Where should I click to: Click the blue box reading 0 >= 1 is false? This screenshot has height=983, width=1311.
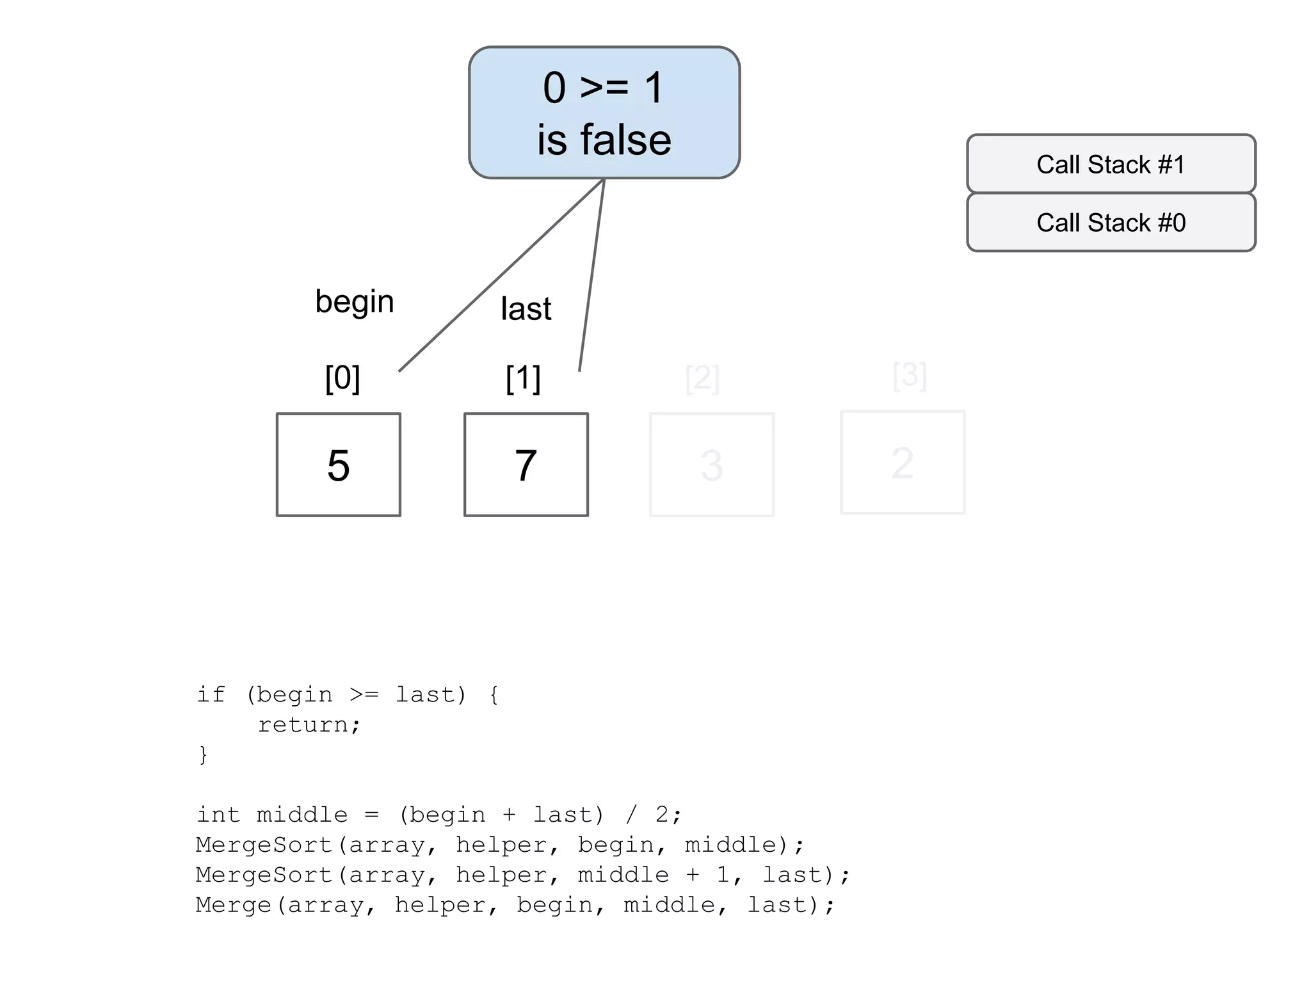click(x=604, y=112)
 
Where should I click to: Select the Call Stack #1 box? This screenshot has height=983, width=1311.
click(x=1111, y=164)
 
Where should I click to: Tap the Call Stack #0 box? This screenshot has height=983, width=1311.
click(x=1111, y=223)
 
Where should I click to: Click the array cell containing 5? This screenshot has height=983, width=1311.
click(x=338, y=465)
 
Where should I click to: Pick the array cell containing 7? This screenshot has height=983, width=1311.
click(x=526, y=465)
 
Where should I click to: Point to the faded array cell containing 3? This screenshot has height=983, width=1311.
click(x=711, y=465)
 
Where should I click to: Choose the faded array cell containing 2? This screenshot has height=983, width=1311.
click(x=902, y=462)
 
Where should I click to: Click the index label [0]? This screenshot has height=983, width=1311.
click(x=342, y=378)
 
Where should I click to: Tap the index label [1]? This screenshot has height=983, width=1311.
click(x=523, y=378)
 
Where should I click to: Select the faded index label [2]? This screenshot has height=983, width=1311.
click(x=702, y=378)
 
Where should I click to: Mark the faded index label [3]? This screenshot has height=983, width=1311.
click(x=909, y=375)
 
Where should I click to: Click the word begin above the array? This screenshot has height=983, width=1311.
click(x=354, y=301)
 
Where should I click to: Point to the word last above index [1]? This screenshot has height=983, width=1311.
click(x=526, y=308)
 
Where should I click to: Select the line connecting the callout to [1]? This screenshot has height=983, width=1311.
click(x=592, y=275)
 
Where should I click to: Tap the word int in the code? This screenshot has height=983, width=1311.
click(x=218, y=815)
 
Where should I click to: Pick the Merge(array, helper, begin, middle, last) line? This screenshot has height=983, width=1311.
click(x=515, y=905)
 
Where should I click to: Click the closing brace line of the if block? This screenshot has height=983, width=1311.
click(x=203, y=754)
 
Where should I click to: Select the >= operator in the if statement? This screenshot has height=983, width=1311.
click(x=364, y=694)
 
